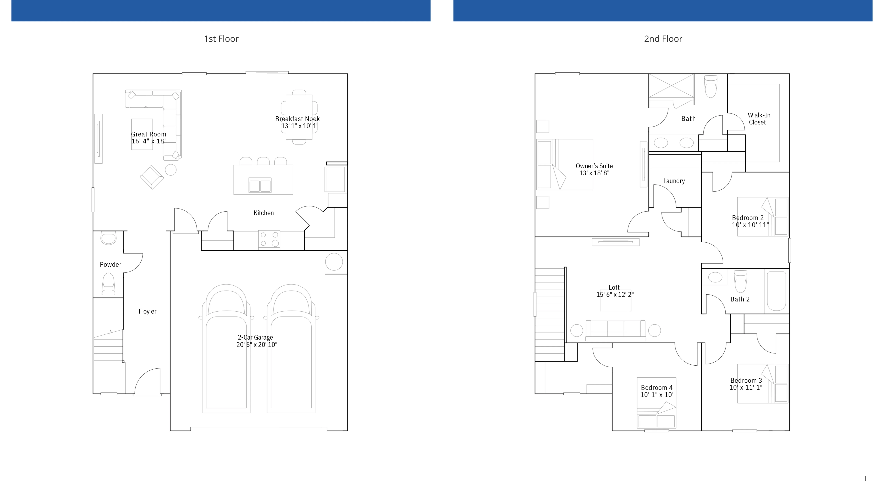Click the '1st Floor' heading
click(221, 39)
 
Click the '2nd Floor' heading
click(663, 39)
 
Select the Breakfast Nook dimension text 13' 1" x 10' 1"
click(300, 126)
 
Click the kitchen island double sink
click(260, 186)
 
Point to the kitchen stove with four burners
click(269, 239)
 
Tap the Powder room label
click(111, 264)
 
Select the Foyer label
click(148, 312)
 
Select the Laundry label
click(674, 181)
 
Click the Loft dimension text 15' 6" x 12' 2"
click(615, 294)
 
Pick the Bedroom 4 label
click(656, 388)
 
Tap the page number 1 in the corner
click(865, 479)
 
